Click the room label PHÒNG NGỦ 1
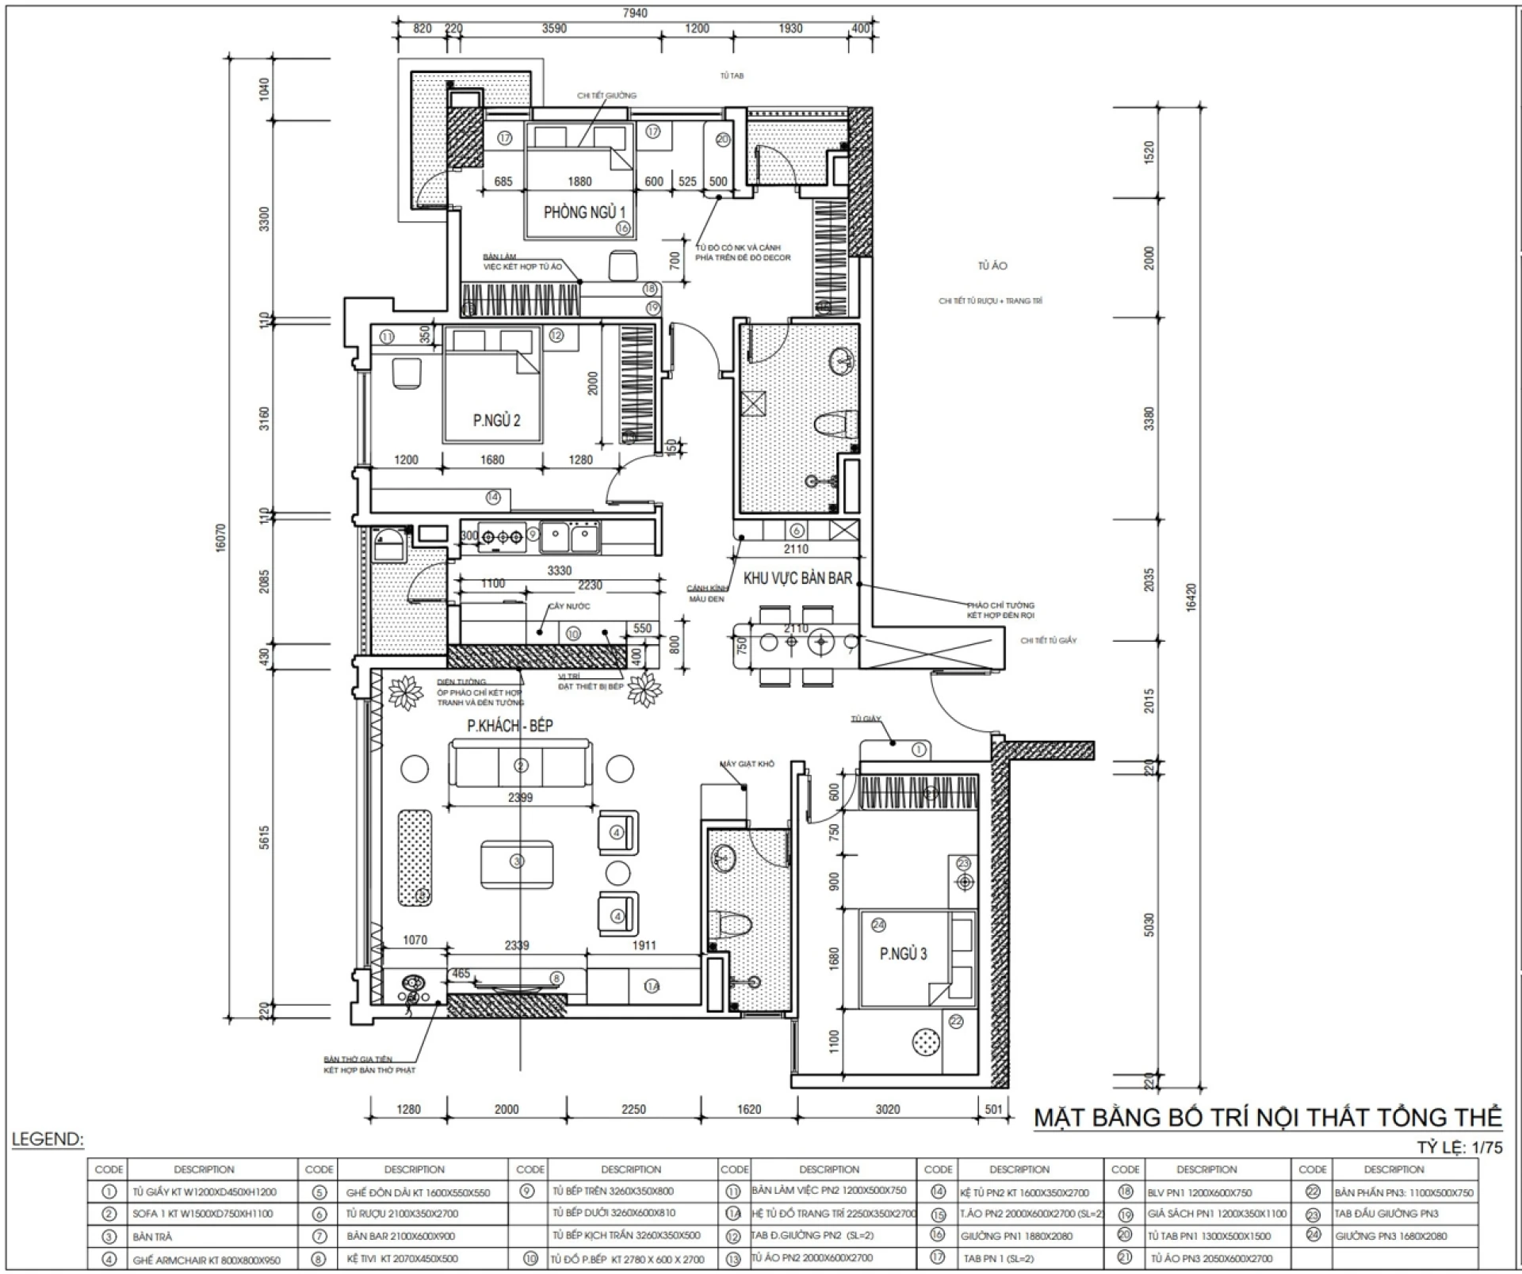click(584, 212)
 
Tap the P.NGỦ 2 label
click(496, 421)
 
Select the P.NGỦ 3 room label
click(903, 954)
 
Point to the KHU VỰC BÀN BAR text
click(797, 578)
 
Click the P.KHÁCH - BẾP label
click(510, 725)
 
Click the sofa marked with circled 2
click(520, 765)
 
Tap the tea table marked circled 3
click(517, 861)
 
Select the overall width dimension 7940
click(634, 13)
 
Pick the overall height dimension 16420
click(1191, 598)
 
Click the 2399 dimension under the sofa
click(520, 798)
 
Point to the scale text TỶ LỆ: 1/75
click(1459, 1147)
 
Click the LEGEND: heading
click(48, 1140)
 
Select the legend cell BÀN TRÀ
click(152, 1237)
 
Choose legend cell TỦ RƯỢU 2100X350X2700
click(402, 1214)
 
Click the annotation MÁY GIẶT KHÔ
click(747, 764)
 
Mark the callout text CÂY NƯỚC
click(569, 606)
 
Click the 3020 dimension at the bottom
click(887, 1109)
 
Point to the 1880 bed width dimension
click(579, 181)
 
